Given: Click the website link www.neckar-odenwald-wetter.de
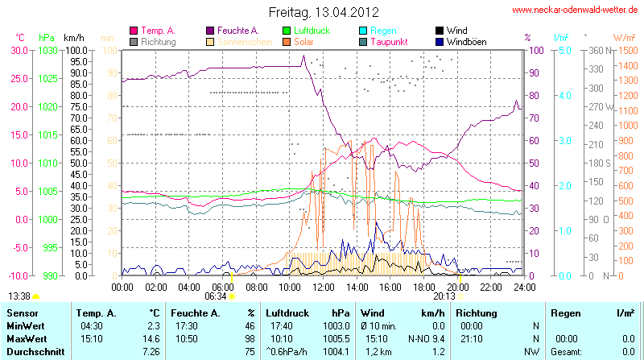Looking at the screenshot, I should (x=576, y=10).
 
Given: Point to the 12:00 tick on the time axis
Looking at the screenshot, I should (x=324, y=287).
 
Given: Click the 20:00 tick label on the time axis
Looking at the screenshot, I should (x=457, y=287).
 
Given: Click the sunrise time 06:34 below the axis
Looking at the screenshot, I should (x=216, y=296).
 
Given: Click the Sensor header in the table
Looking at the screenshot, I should (x=22, y=312).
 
